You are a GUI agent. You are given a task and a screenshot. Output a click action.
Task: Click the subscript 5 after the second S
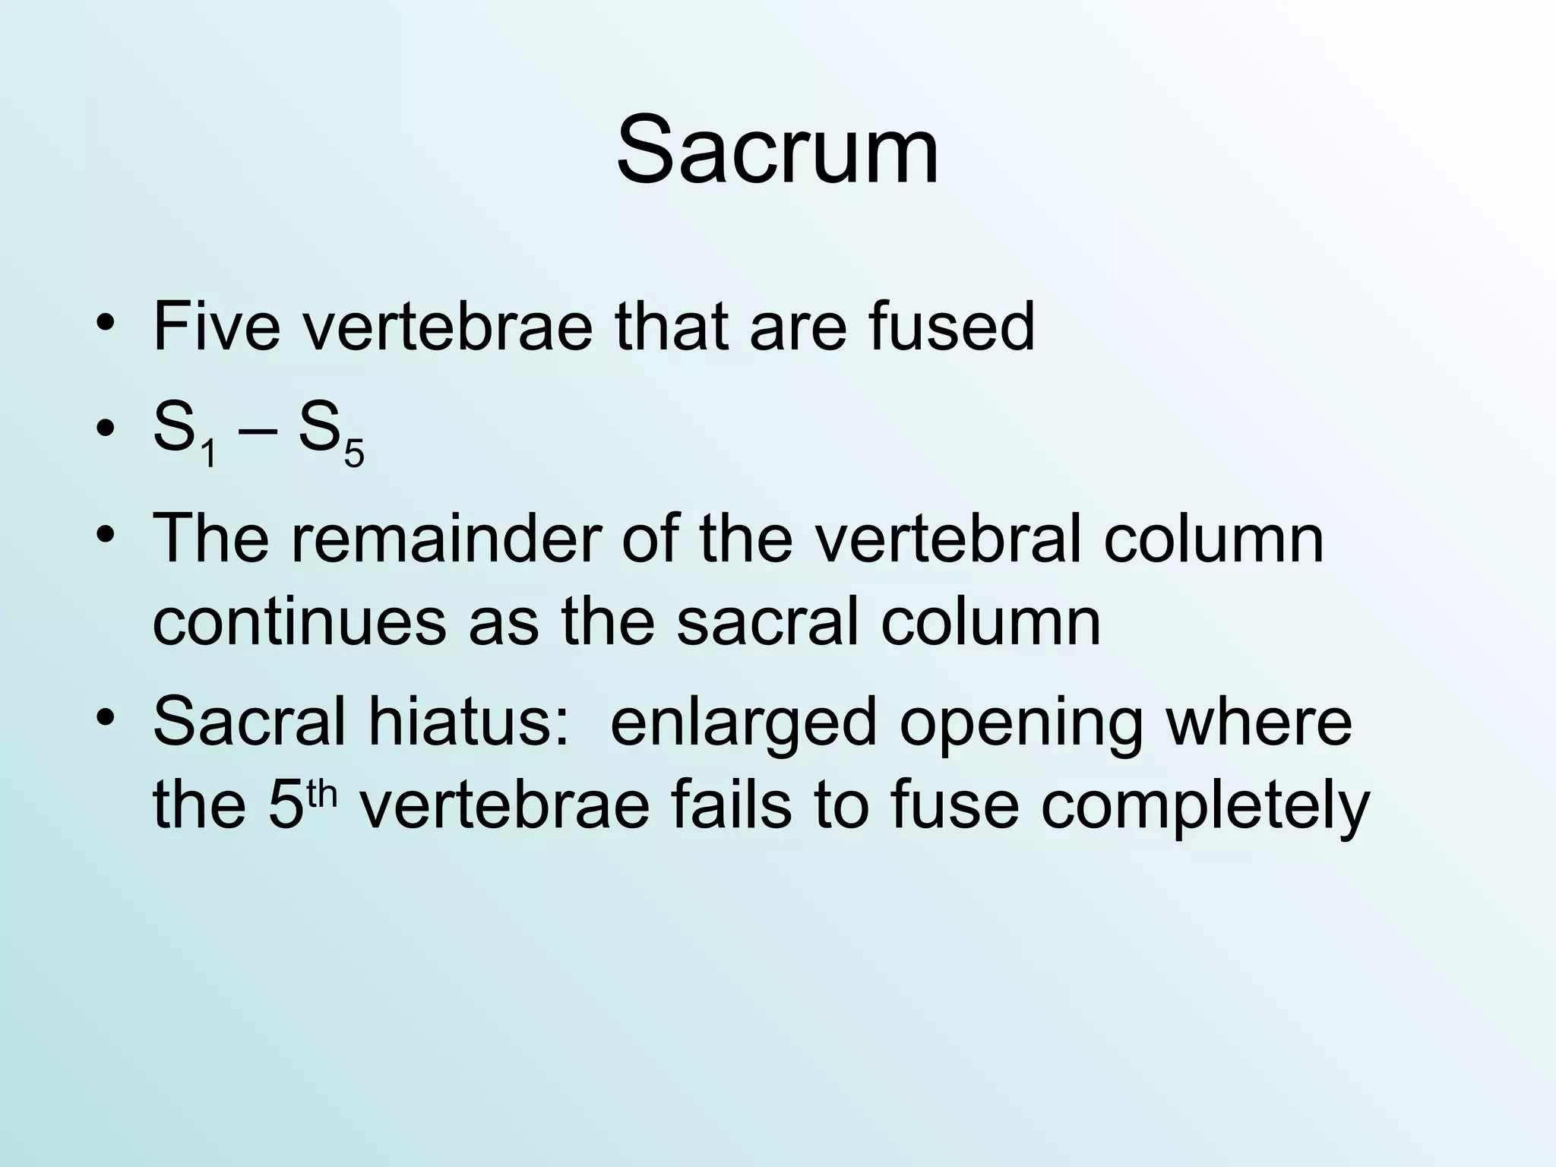tap(354, 454)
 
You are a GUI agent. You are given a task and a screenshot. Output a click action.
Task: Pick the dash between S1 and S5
tap(257, 433)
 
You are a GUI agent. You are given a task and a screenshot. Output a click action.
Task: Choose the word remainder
tap(445, 539)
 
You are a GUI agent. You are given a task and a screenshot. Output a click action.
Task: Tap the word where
tap(1259, 722)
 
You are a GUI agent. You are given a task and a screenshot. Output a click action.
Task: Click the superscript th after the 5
tap(322, 793)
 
